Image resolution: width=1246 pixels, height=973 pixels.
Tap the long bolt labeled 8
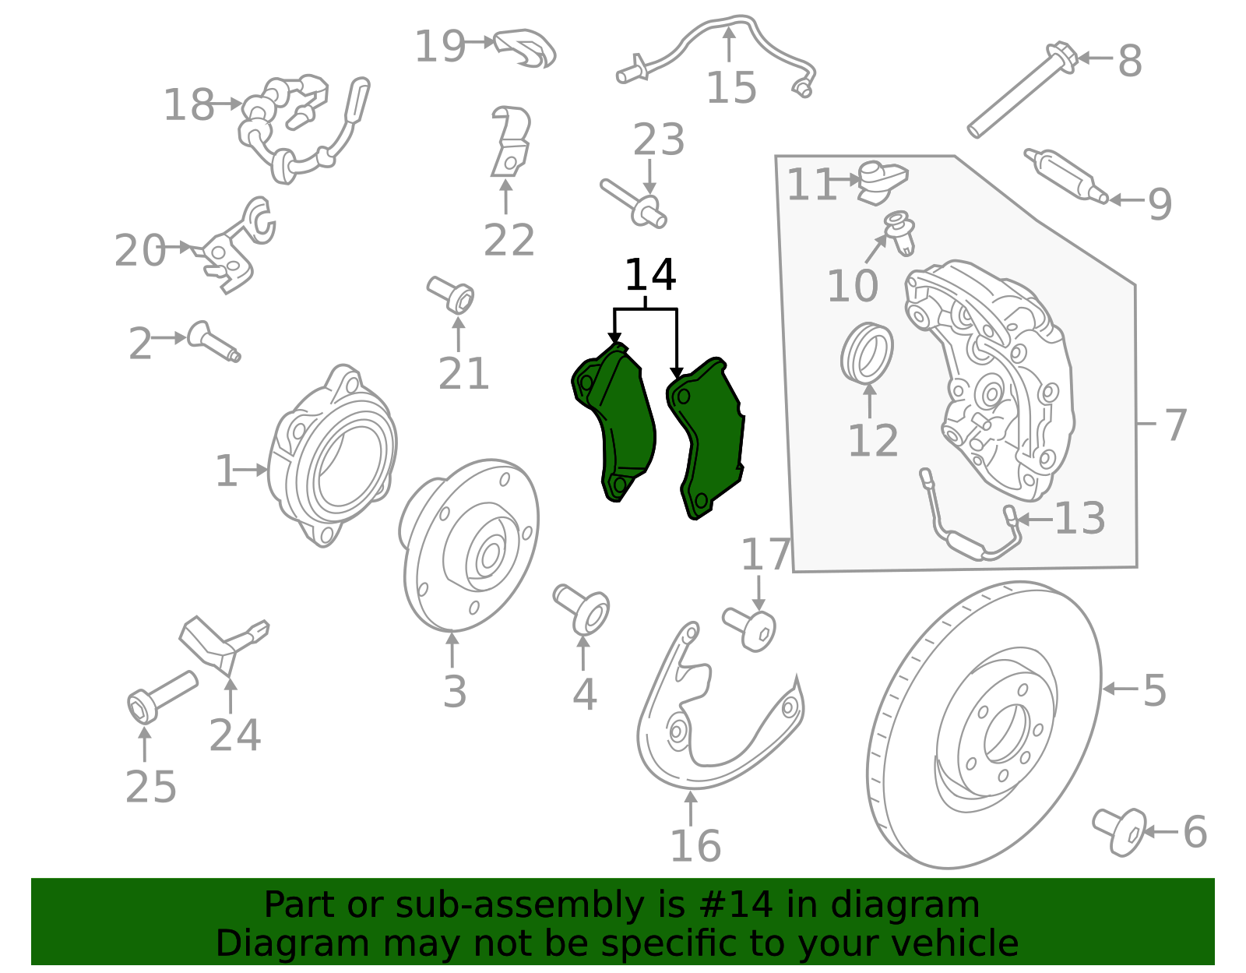[1020, 90]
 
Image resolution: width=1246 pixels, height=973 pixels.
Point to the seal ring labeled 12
[867, 353]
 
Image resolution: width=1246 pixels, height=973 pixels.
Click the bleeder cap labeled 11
[882, 181]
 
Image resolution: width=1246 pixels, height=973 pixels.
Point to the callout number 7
[1175, 425]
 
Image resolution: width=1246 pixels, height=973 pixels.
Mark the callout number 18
[188, 104]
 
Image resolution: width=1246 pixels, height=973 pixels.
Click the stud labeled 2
[212, 342]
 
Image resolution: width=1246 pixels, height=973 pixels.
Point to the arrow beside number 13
[1033, 519]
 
